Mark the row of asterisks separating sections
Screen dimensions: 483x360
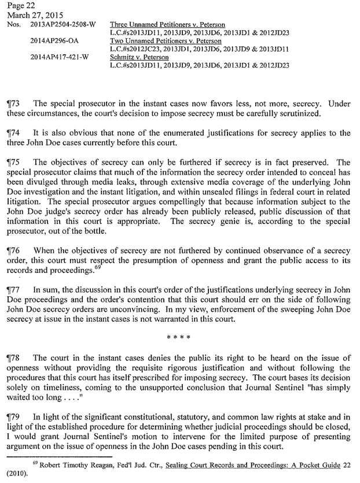tap(179, 334)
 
